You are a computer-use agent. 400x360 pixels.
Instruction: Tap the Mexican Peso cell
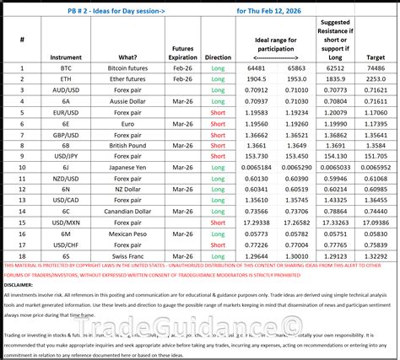click(132, 233)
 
